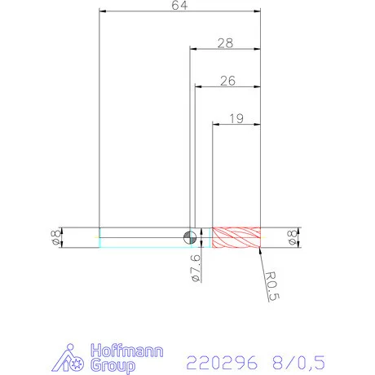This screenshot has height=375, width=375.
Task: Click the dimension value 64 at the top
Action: [x=179, y=7]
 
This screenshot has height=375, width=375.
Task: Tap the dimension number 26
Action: [x=227, y=81]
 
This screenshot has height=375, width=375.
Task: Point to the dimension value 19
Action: [x=236, y=118]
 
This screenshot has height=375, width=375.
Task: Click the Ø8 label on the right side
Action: [x=292, y=237]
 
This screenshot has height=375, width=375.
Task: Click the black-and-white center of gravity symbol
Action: [x=189, y=237]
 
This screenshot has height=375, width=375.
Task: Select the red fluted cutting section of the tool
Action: [x=236, y=237]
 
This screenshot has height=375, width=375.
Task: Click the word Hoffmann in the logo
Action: [x=128, y=351]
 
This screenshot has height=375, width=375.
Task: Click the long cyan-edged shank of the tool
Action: [x=143, y=237]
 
